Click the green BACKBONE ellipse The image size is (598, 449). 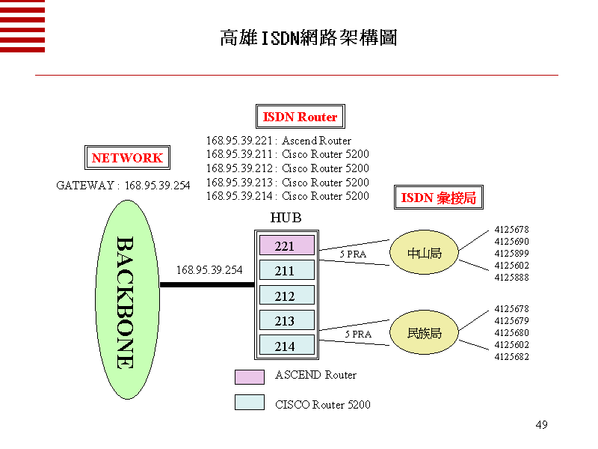tap(127, 299)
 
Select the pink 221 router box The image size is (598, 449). tap(284, 245)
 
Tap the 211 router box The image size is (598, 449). tap(284, 270)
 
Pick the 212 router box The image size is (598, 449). tap(284, 296)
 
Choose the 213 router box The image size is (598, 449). tap(284, 321)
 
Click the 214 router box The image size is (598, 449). tap(284, 346)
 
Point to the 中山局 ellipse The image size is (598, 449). tap(424, 253)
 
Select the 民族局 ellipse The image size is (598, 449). tap(424, 333)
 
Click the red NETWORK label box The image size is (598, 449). tap(127, 158)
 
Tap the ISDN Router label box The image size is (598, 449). tap(300, 117)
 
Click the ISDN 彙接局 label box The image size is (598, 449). tap(438, 198)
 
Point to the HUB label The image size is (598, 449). tap(285, 218)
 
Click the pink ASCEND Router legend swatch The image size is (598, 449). tap(249, 376)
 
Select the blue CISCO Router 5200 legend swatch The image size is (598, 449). tap(249, 402)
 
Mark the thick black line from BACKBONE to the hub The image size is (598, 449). tap(206, 284)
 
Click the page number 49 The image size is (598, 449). tap(542, 425)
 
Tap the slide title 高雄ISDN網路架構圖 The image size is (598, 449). tap(308, 38)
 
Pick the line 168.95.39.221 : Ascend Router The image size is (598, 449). tap(279, 141)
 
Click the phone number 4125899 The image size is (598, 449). tap(511, 253)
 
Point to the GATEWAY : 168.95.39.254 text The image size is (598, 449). tap(123, 186)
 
